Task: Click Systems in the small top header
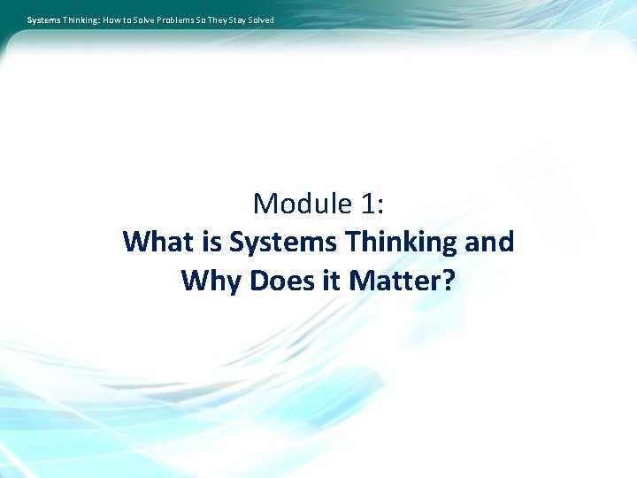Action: [43, 19]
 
